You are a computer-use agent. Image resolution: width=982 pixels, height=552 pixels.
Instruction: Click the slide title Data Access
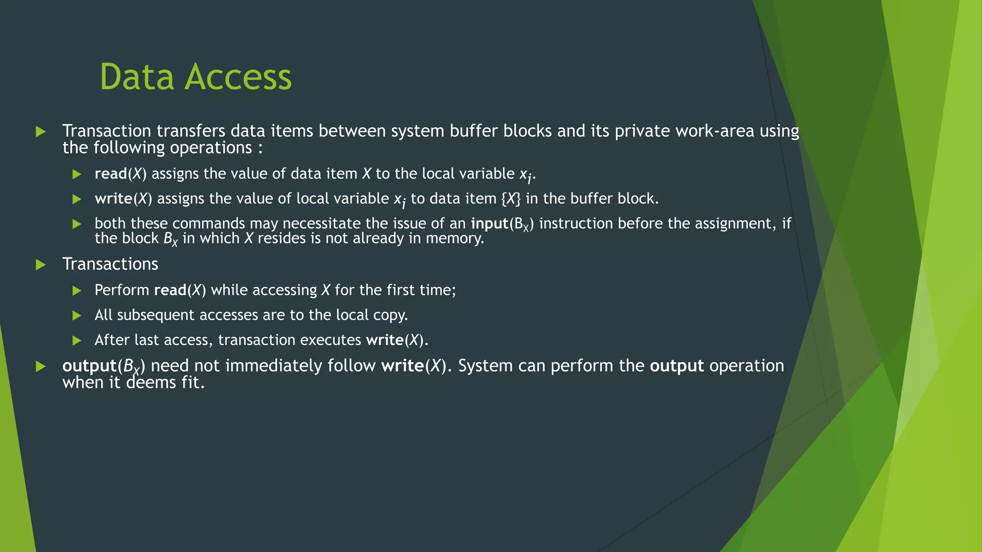[x=195, y=77]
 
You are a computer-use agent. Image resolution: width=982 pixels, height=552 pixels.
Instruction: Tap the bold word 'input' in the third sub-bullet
[x=489, y=224]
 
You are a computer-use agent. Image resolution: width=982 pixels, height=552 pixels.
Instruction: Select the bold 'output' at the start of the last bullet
[x=89, y=366]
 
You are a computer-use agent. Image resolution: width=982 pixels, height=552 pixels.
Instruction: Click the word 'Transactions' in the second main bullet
[x=110, y=264]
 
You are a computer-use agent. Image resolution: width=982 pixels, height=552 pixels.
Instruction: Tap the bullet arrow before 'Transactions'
[x=41, y=264]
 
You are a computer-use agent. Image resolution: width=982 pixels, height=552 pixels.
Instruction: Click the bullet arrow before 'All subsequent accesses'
[x=77, y=315]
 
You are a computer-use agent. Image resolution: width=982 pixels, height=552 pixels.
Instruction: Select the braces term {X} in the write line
[x=511, y=199]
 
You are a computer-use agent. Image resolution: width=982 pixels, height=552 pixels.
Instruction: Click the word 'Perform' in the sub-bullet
[x=122, y=290]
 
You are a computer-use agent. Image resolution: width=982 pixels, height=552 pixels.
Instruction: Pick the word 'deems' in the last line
[x=151, y=383]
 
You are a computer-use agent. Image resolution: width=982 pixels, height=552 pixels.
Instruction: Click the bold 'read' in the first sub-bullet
[x=111, y=174]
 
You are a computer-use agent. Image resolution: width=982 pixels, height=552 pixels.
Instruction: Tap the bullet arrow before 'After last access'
[x=77, y=340]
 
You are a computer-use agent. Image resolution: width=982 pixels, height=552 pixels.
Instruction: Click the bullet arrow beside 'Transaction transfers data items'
[x=41, y=131]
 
